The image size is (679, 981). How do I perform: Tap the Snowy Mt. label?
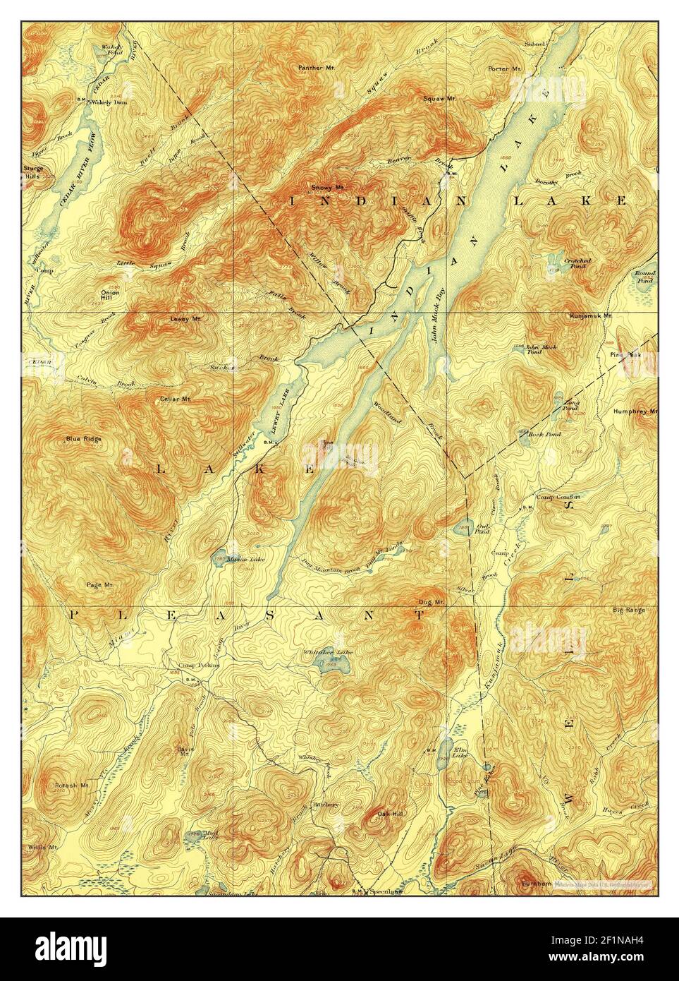click(x=327, y=188)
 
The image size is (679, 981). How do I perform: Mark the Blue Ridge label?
click(x=83, y=439)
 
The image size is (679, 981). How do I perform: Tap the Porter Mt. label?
click(x=504, y=69)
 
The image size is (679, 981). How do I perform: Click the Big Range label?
click(x=628, y=609)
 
